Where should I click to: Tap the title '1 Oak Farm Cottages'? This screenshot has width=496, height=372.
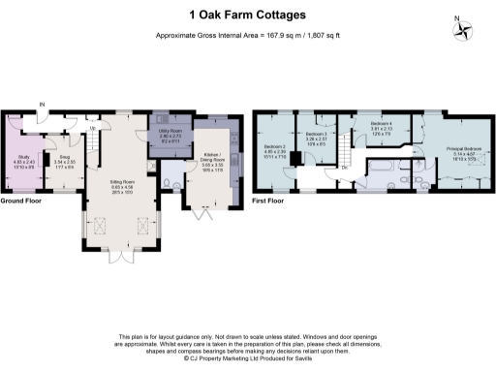(248, 15)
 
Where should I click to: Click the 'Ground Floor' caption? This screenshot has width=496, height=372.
(19, 201)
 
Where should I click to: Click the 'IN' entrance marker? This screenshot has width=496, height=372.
(42, 104)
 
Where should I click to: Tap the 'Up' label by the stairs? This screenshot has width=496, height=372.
(92, 128)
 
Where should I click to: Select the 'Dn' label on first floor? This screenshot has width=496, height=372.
(345, 168)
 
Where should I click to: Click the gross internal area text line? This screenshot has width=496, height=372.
(247, 37)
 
